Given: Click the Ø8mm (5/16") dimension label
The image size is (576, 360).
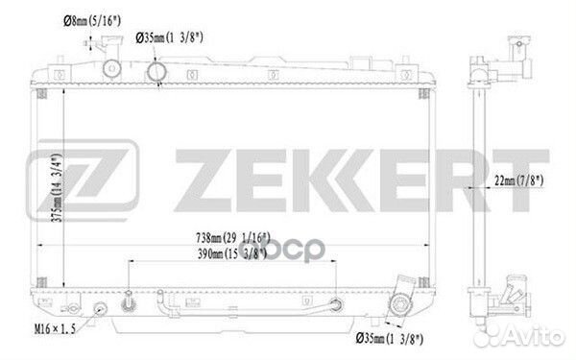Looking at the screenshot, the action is tap(92, 21).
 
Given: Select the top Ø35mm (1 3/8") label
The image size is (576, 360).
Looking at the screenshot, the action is tap(169, 37).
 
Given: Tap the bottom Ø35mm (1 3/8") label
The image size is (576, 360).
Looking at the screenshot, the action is tap(390, 338).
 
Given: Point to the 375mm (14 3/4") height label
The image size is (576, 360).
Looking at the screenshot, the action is tap(57, 187).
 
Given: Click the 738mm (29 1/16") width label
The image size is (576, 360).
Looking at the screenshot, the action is tap(233, 238).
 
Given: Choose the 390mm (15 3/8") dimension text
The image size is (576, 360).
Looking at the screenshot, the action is tap(232, 253).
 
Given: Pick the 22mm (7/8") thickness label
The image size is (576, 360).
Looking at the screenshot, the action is tap(518, 180).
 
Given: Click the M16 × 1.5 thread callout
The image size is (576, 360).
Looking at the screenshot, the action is tap(55, 328).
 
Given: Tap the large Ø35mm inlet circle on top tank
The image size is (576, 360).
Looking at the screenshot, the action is tap(156, 72).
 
